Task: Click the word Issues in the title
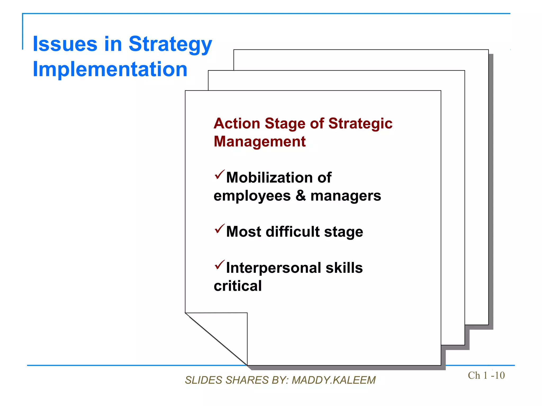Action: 65,44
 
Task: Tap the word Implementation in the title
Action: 110,69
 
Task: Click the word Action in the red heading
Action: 237,123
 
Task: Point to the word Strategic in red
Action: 360,124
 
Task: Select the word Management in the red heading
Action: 260,141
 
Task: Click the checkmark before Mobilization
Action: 219,175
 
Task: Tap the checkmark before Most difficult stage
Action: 219,229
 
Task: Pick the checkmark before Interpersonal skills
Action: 219,265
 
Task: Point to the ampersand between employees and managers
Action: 300,196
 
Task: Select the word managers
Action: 346,196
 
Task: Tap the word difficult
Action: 293,232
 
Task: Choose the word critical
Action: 238,286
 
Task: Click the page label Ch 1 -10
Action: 486,375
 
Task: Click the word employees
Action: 252,196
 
